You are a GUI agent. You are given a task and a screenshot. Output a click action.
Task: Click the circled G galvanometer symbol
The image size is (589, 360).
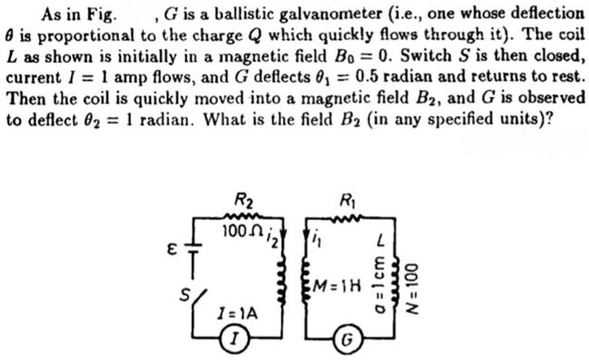[x=346, y=343]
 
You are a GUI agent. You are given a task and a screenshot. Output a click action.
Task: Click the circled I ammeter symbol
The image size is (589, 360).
[x=235, y=341]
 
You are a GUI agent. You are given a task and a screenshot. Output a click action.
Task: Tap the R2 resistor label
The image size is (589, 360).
[x=243, y=202]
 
